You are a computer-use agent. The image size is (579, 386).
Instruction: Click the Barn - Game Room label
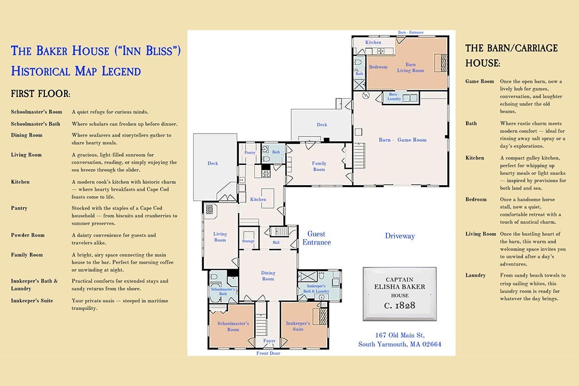[x=402, y=140]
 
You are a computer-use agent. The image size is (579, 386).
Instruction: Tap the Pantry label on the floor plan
[x=250, y=152]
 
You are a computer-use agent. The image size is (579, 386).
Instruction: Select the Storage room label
[x=248, y=241]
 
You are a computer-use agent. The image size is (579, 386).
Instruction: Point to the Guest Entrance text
[x=317, y=238]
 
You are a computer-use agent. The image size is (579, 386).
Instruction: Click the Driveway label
[x=400, y=236]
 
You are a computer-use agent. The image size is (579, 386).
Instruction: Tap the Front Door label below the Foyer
[x=268, y=353]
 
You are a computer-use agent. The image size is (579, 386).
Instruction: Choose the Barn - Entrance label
[x=411, y=32]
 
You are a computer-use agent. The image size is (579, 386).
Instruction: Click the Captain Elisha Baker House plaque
[x=400, y=294]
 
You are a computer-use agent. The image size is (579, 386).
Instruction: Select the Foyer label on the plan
[x=269, y=341]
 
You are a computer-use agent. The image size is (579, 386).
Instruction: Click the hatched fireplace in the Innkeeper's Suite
[x=323, y=317]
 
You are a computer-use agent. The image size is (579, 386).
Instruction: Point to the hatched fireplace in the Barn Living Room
[x=444, y=63]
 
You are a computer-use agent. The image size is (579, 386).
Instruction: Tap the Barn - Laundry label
[x=394, y=96]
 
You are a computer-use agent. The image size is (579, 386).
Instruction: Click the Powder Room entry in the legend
[x=28, y=235]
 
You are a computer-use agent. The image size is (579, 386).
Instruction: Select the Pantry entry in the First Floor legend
[x=19, y=208]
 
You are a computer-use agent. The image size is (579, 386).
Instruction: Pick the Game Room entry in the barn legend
[x=480, y=81]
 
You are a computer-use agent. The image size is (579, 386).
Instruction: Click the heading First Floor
[x=41, y=94]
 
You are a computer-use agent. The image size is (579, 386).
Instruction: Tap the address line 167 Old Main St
[x=400, y=335]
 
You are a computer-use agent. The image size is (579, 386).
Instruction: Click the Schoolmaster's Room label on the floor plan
[x=233, y=326]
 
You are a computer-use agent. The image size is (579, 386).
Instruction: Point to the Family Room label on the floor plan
[x=319, y=166]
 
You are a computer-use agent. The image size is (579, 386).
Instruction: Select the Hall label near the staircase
[x=276, y=243]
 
